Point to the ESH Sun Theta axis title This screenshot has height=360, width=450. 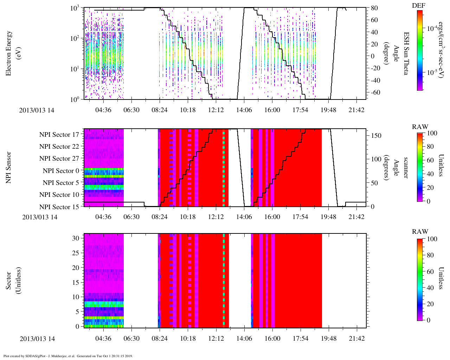[406, 53]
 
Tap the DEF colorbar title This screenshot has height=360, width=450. [418, 6]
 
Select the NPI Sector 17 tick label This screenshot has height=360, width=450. [59, 135]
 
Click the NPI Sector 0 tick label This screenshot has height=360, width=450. [61, 171]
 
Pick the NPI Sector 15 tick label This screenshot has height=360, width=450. [59, 207]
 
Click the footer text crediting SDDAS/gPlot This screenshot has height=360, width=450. [68, 356]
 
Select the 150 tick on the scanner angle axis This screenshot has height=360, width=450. [376, 135]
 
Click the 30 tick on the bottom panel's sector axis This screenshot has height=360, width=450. [76, 238]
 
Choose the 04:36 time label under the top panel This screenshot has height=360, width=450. [103, 110]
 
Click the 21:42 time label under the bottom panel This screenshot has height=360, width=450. [356, 339]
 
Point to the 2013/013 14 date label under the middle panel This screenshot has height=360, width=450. [40, 217]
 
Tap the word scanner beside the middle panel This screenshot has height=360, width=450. [406, 167]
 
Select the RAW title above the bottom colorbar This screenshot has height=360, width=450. [420, 232]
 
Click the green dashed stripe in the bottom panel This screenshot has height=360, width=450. [224, 281]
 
